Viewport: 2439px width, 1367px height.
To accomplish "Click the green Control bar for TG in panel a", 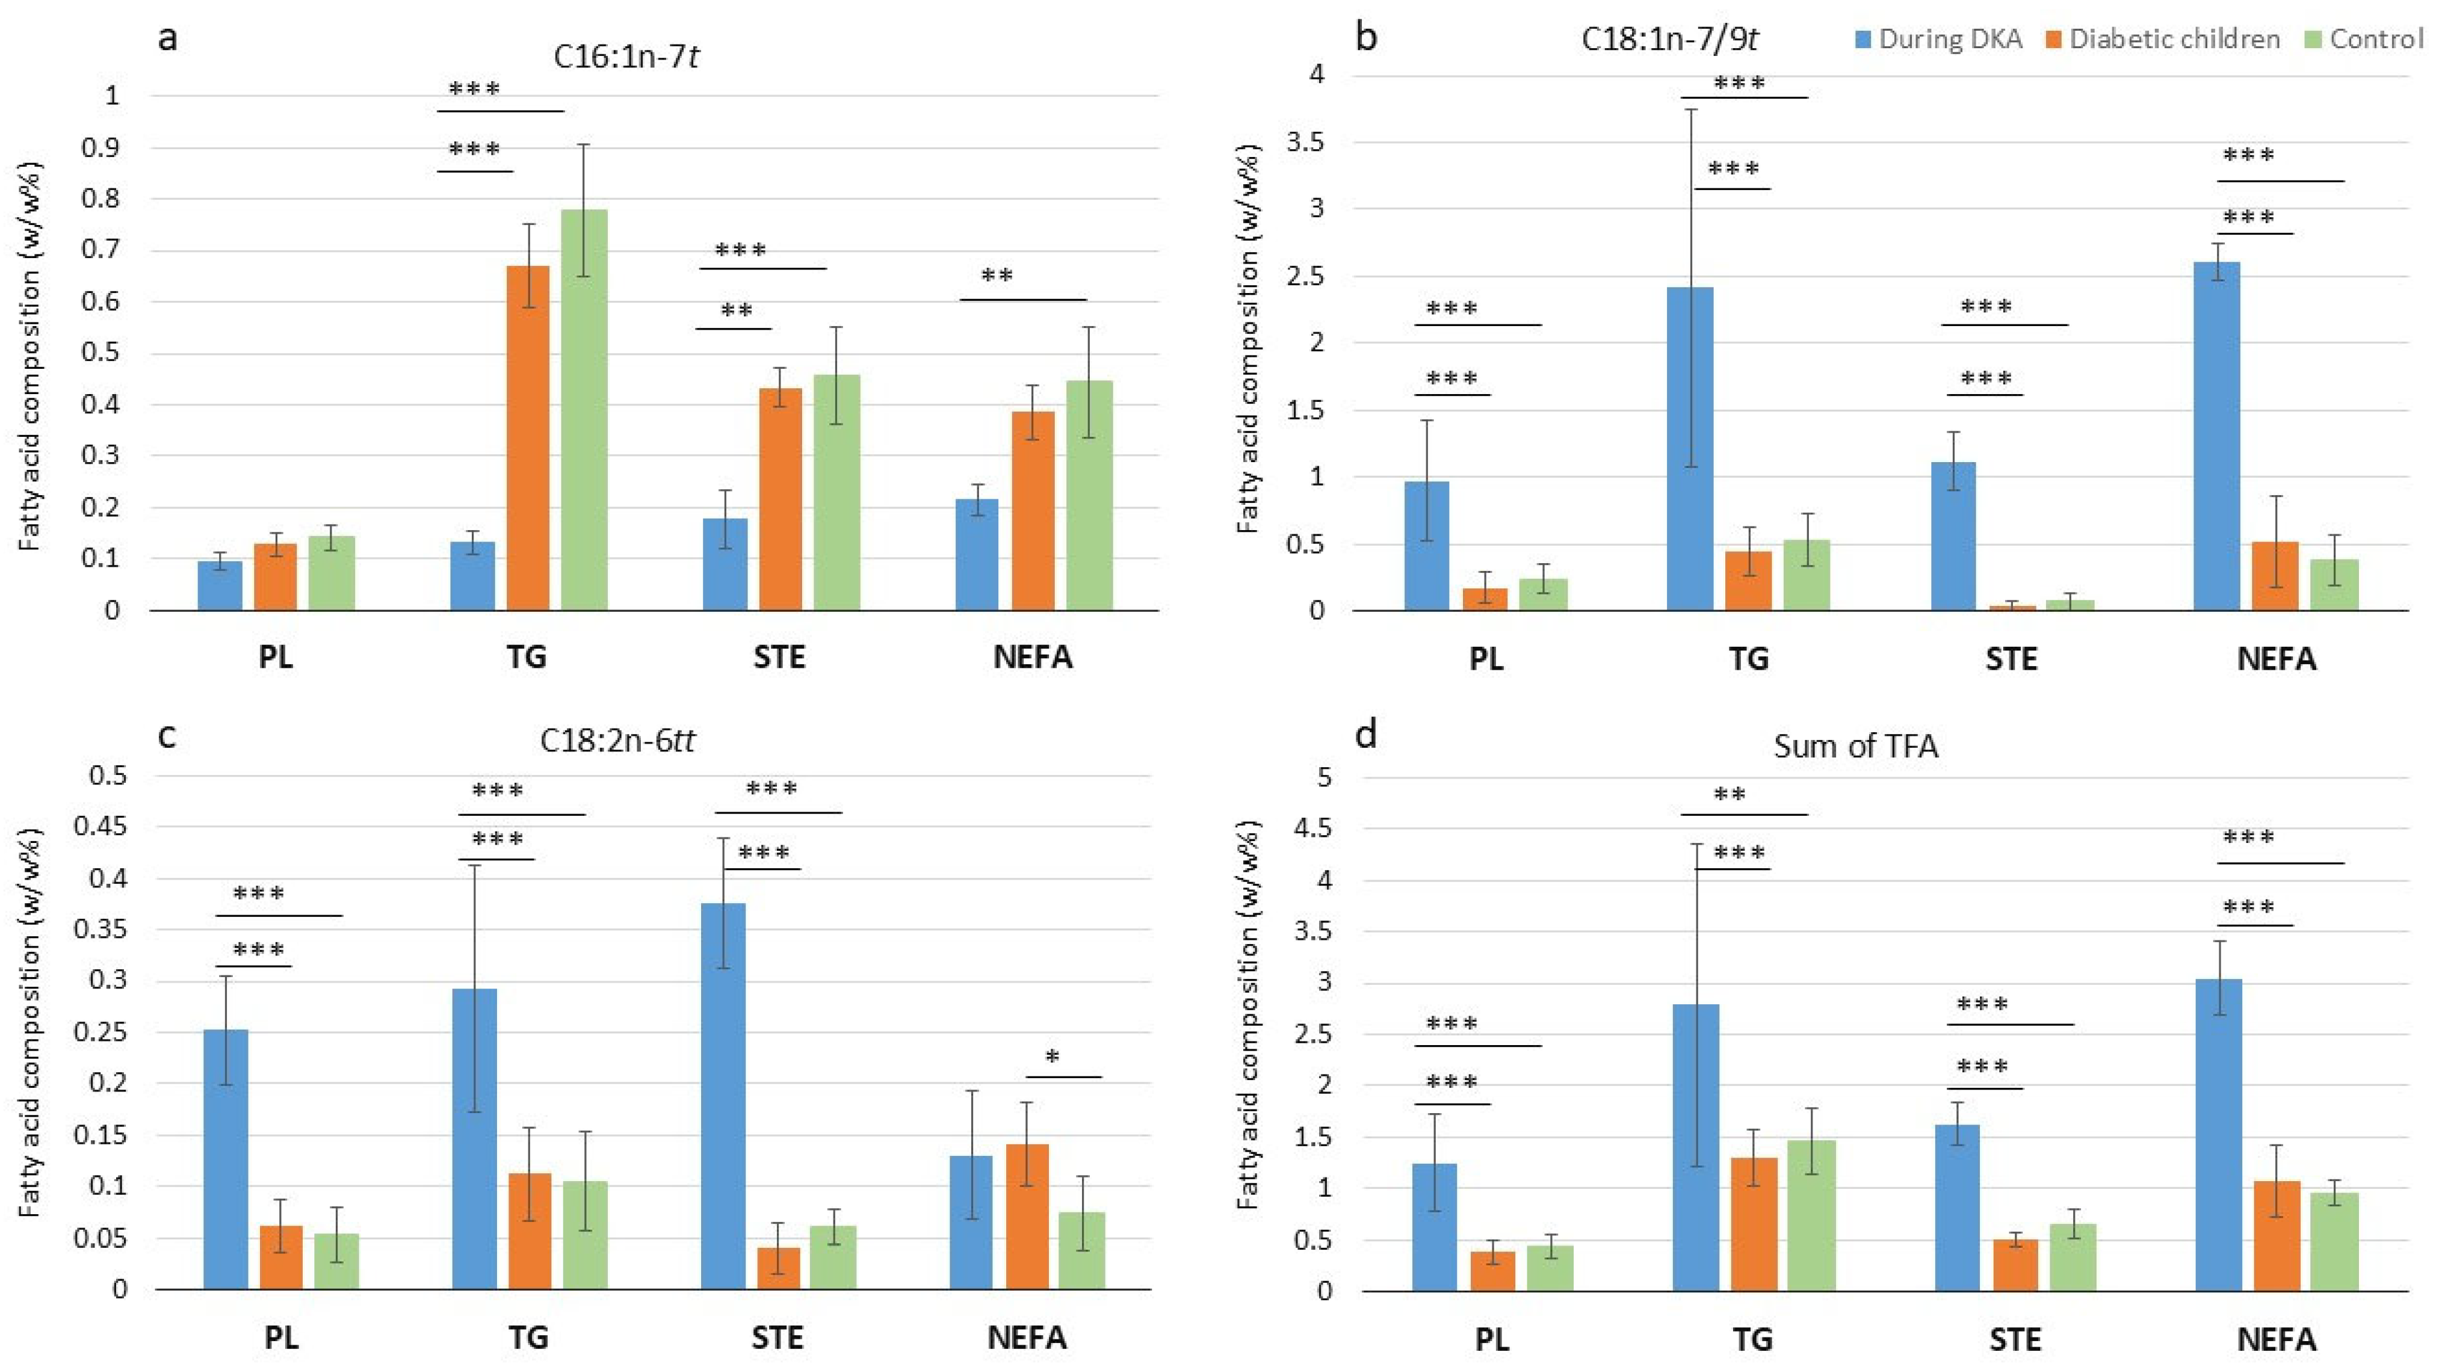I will pos(584,409).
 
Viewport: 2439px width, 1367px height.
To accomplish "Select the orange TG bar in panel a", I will pos(527,437).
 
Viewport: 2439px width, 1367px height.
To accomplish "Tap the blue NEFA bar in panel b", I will pos(2218,436).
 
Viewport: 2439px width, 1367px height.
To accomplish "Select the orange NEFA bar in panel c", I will pos(1027,1217).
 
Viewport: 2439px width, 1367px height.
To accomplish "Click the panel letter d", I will pos(1365,708).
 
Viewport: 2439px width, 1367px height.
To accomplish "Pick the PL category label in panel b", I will pos(1486,659).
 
